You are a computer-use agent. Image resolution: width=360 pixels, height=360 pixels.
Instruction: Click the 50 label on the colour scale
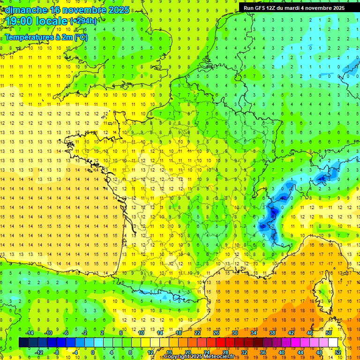(x=328, y=333)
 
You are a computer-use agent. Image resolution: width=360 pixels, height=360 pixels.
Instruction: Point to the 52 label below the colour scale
(x=337, y=352)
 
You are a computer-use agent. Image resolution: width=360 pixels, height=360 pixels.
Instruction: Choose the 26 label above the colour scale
(x=216, y=333)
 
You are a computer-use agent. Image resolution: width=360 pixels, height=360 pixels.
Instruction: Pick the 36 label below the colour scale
(x=263, y=352)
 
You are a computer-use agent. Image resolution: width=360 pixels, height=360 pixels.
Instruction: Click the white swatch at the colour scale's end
(x=333, y=343)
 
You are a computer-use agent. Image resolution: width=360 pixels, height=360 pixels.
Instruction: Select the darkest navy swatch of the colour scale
(x=23, y=343)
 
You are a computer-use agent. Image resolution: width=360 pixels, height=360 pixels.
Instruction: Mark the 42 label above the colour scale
(x=291, y=333)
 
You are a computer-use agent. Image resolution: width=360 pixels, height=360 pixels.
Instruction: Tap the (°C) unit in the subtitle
(x=80, y=37)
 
